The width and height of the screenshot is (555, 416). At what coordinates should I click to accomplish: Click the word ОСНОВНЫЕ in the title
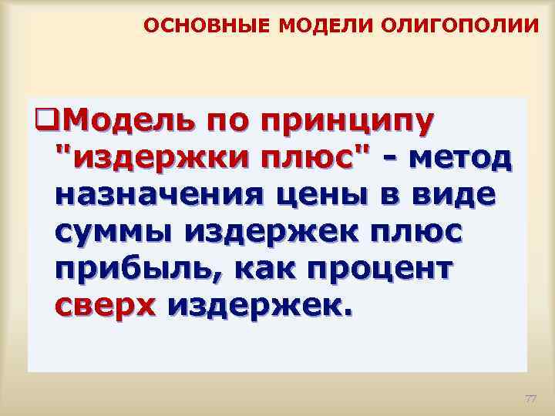(x=206, y=27)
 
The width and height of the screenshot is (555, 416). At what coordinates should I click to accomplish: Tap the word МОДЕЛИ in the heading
(x=313, y=27)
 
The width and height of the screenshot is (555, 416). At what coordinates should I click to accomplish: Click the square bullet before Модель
(x=44, y=121)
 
